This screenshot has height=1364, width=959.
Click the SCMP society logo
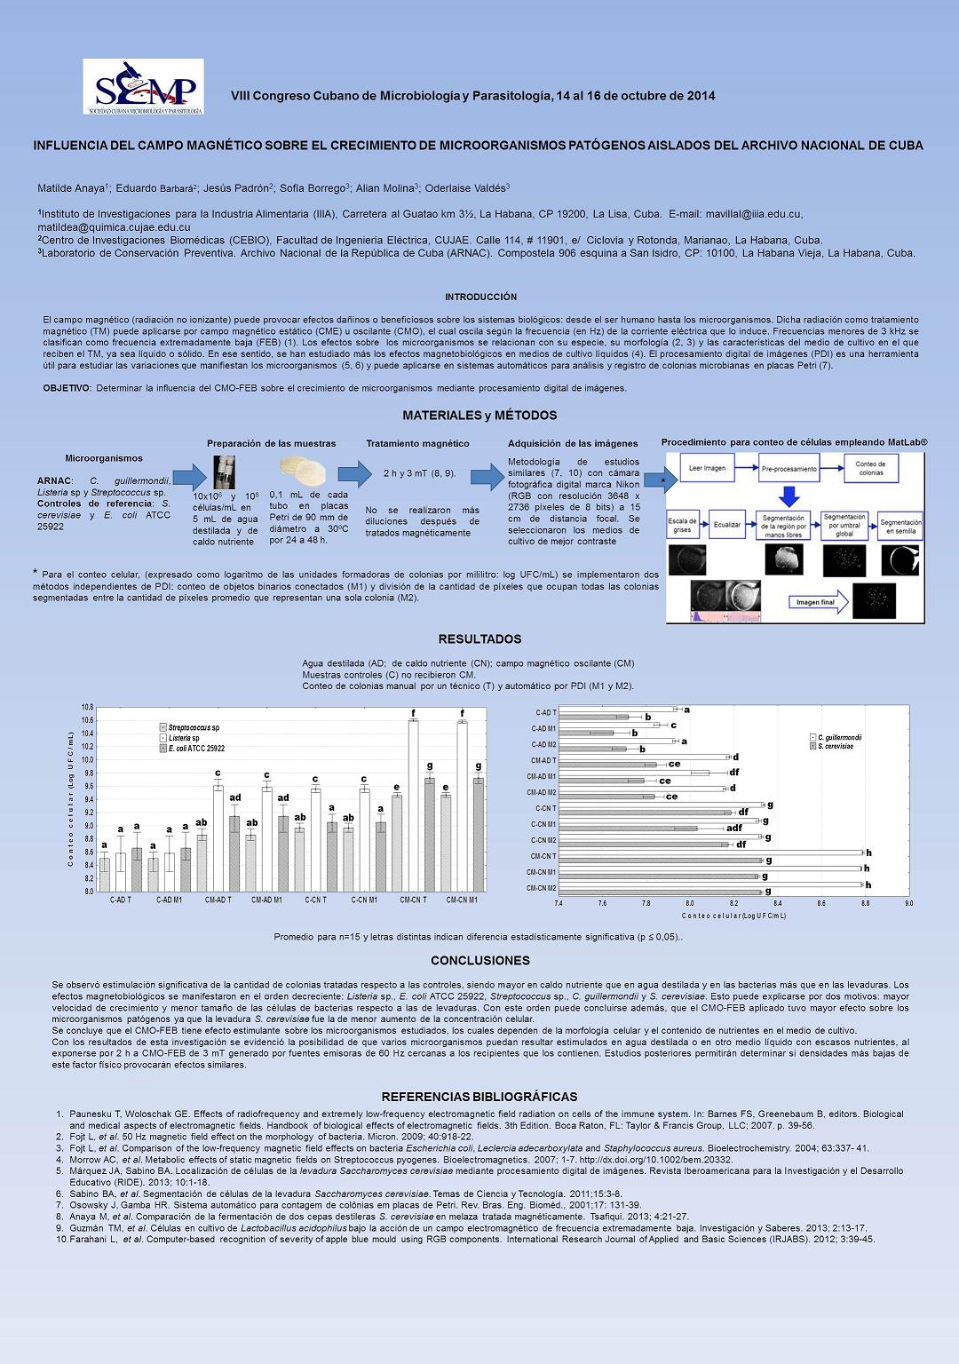pos(144,86)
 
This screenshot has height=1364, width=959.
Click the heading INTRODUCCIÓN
pos(480,297)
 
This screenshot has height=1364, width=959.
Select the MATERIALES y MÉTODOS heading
pos(479,415)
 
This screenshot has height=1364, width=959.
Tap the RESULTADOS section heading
pos(479,638)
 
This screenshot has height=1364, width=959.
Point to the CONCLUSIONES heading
pos(479,960)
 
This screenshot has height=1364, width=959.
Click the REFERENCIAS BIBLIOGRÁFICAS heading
pos(479,1097)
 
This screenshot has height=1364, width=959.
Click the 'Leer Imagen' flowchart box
pos(708,467)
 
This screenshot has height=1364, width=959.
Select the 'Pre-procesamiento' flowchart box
pos(789,467)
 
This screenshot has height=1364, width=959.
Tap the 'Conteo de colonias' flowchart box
pos(870,467)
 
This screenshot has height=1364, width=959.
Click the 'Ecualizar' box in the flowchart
pos(727,525)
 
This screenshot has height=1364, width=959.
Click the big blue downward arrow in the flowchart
pos(789,496)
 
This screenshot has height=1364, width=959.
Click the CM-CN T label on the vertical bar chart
pos(413,900)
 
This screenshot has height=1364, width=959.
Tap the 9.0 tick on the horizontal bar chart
pos(908,903)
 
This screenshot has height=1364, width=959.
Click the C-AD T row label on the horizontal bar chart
pos(545,712)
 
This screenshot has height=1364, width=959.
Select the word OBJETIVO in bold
pos(67,388)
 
